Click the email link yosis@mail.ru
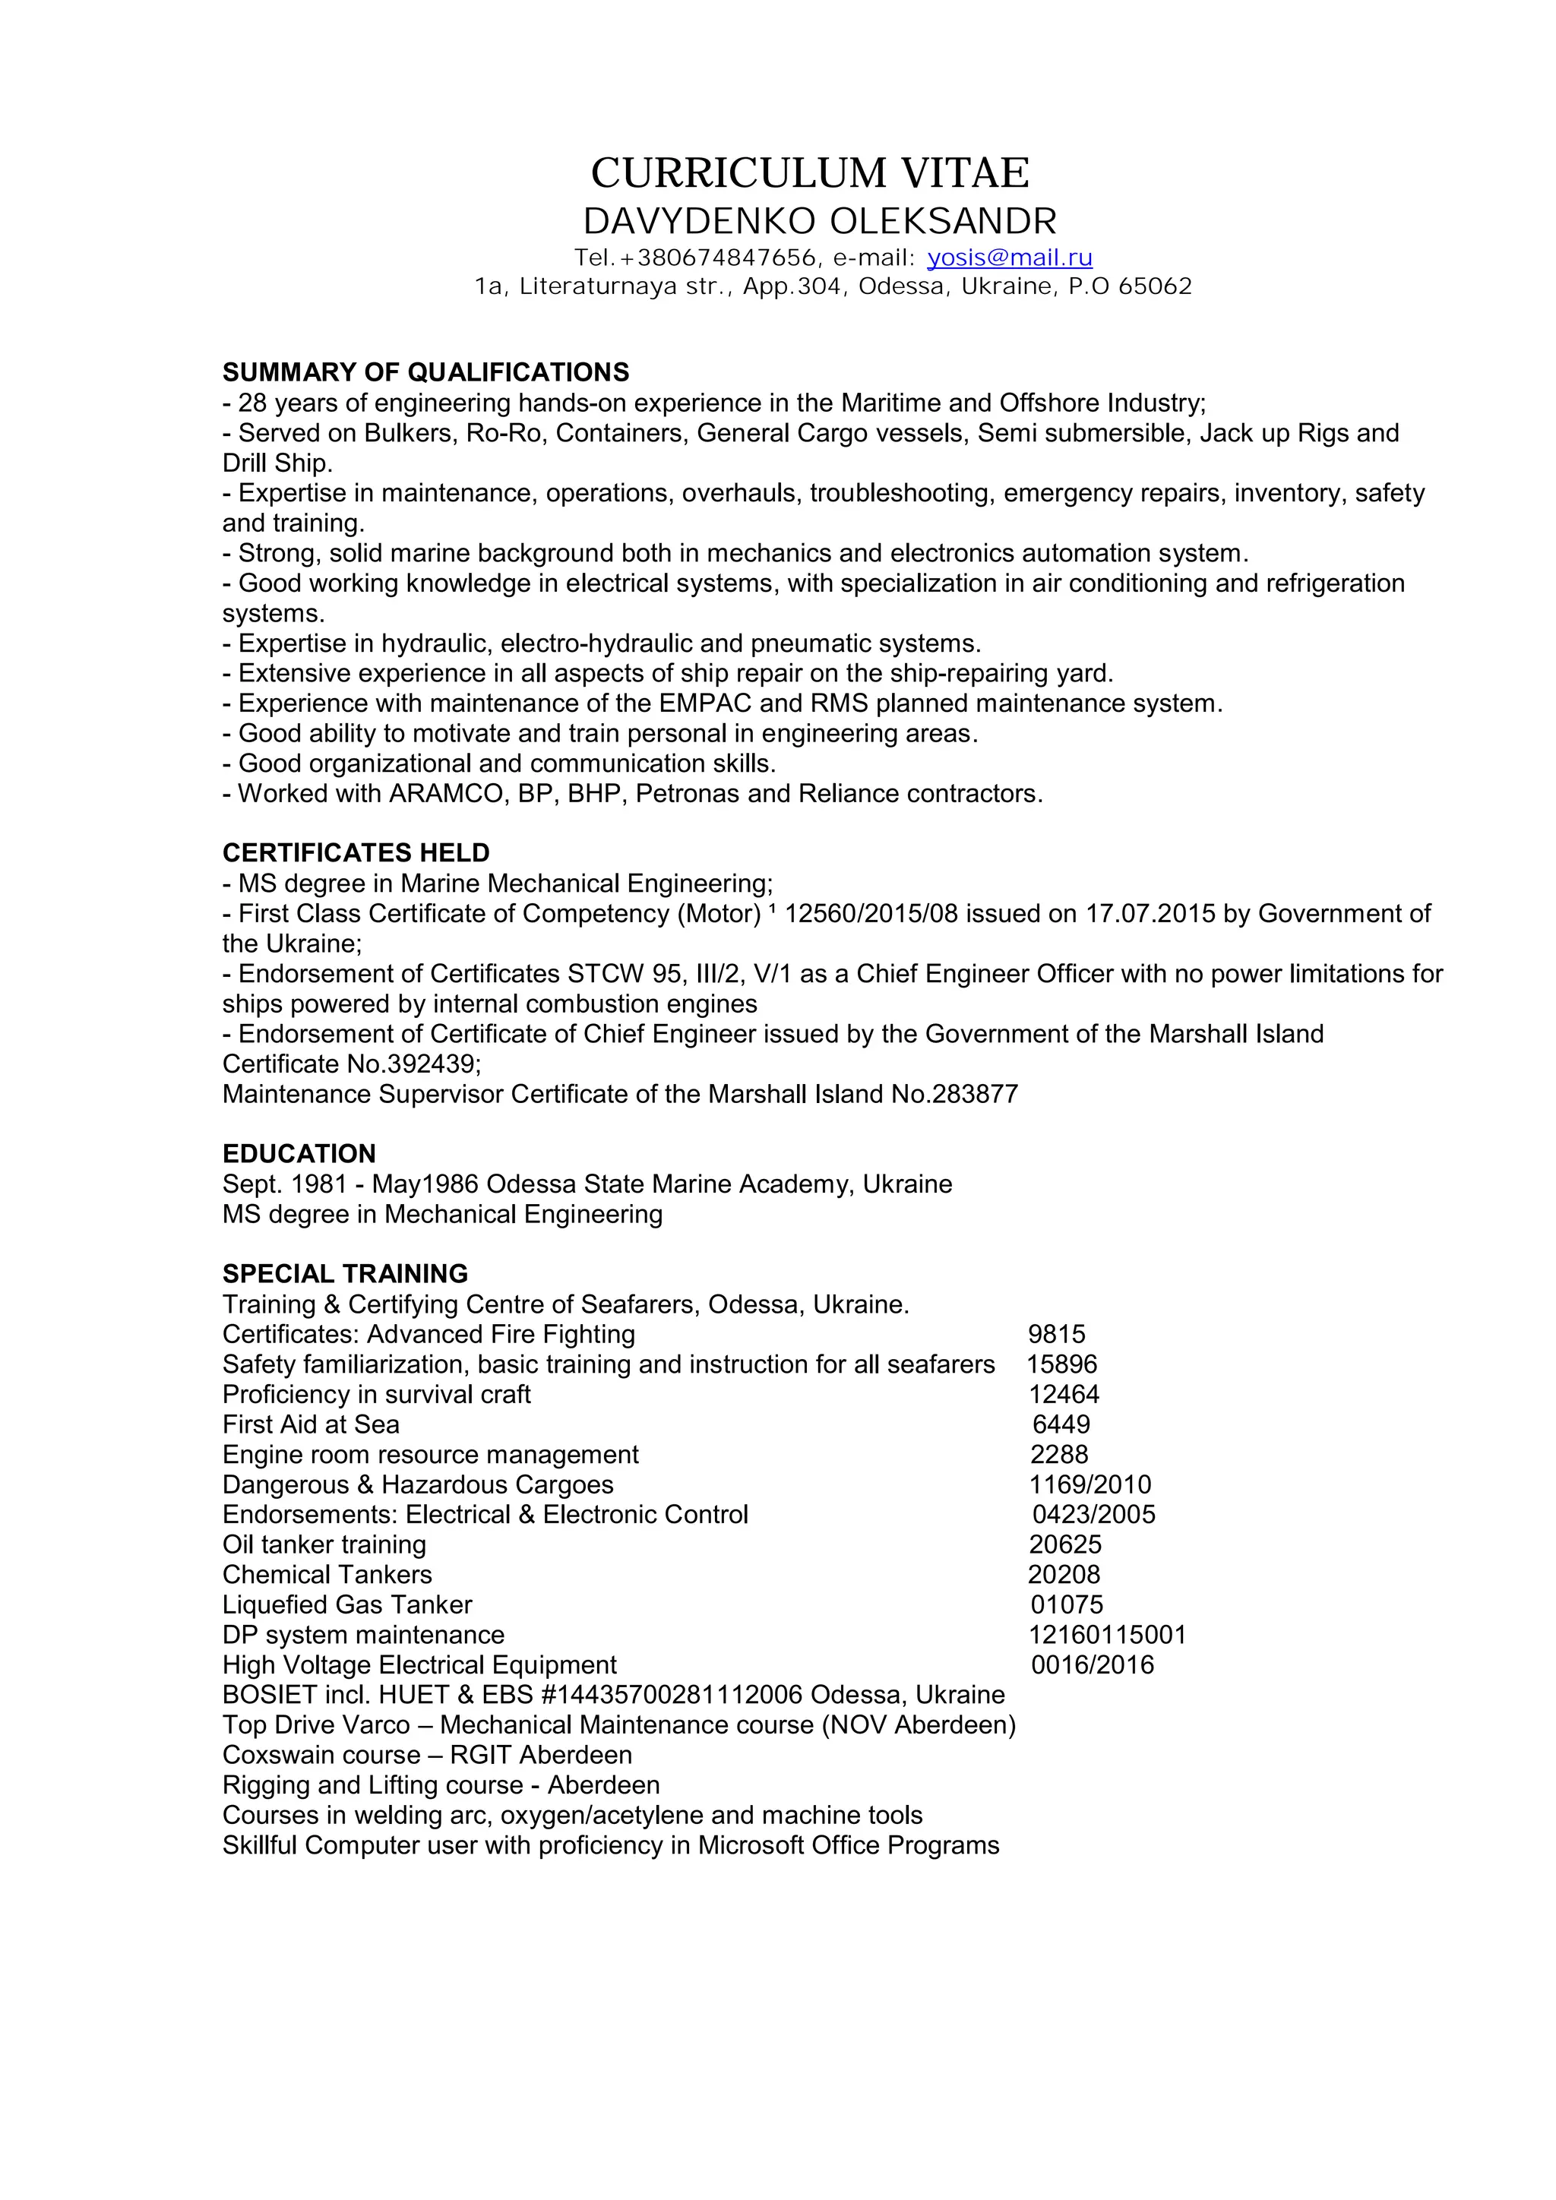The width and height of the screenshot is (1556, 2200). (x=1010, y=258)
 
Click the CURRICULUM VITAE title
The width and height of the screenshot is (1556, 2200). (x=810, y=173)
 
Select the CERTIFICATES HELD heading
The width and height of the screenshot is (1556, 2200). (x=356, y=853)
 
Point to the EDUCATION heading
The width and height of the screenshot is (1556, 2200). (x=299, y=1154)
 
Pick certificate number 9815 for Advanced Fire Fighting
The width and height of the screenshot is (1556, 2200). (x=1057, y=1334)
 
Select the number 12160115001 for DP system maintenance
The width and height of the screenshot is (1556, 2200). (x=1108, y=1635)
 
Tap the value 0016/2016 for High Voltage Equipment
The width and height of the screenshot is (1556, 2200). (x=1093, y=1664)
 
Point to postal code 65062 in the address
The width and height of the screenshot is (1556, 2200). (x=1155, y=286)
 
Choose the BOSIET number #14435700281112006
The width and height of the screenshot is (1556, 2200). (x=672, y=1694)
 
